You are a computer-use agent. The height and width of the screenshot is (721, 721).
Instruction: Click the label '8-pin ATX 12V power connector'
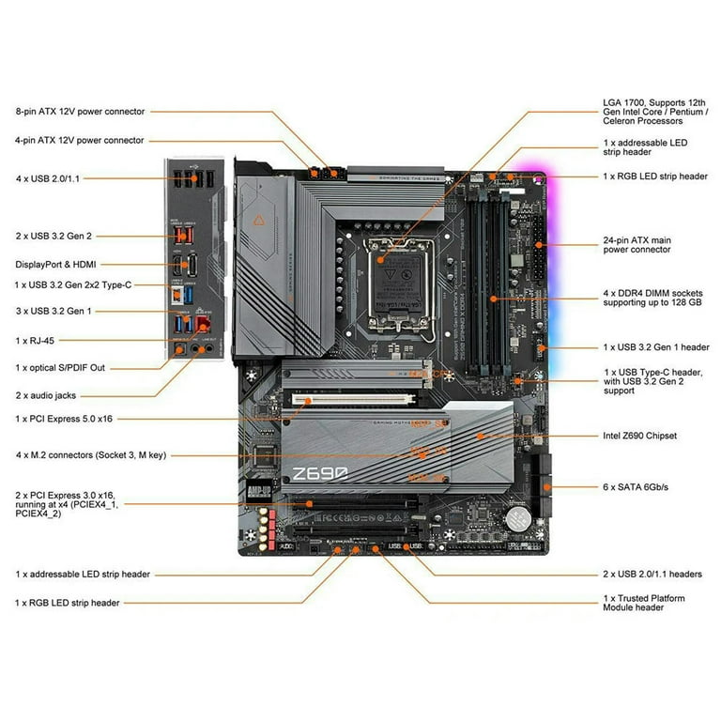(80, 112)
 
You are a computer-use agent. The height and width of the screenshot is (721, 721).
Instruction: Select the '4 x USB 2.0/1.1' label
(47, 177)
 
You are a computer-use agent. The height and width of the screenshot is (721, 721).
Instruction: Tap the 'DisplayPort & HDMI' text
(55, 264)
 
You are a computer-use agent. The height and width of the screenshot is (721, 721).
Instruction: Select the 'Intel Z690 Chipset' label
(639, 436)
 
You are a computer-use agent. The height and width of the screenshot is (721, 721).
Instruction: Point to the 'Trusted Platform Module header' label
(643, 603)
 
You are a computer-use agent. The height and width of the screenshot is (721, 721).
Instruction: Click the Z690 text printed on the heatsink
(320, 473)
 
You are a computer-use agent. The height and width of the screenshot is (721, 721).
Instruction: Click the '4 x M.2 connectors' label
(90, 455)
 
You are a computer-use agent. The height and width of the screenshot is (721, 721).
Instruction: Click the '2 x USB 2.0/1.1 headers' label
(652, 574)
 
